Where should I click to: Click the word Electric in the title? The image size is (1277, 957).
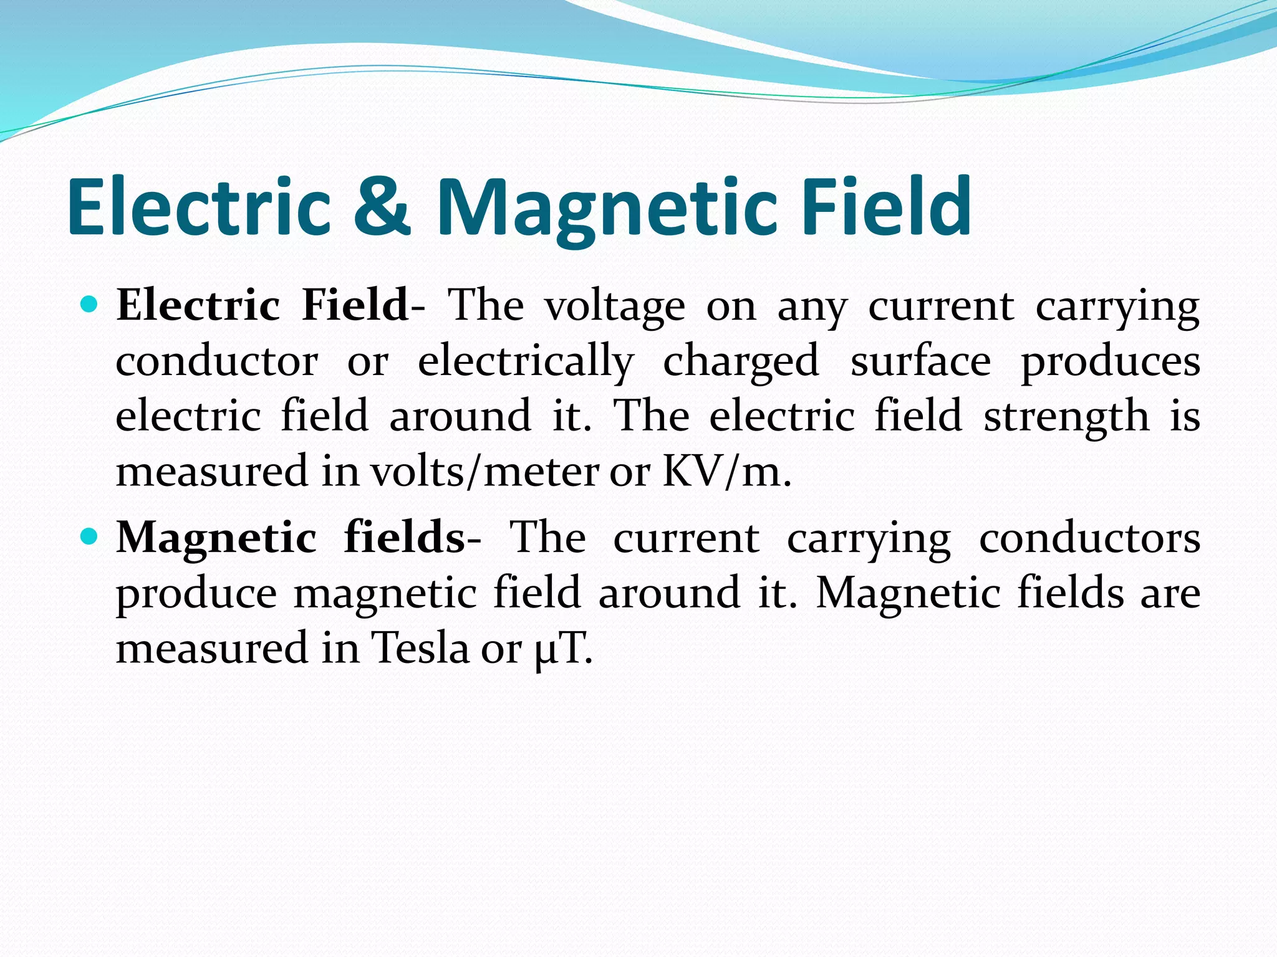pyautogui.click(x=199, y=207)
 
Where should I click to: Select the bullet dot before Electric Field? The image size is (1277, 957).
pyautogui.click(x=90, y=305)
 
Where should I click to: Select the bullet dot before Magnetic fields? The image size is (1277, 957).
pyautogui.click(x=90, y=536)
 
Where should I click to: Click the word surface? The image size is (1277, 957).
pyautogui.click(x=920, y=361)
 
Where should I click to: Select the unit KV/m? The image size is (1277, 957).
pyautogui.click(x=726, y=472)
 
